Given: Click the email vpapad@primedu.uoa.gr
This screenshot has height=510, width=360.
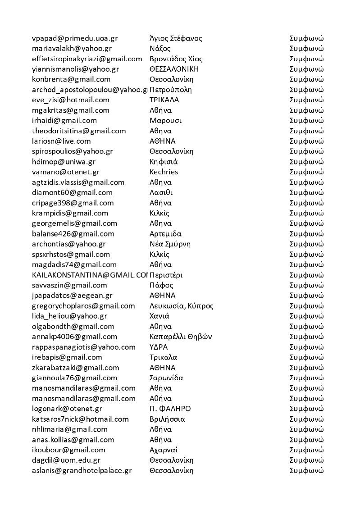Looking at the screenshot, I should point(75,38).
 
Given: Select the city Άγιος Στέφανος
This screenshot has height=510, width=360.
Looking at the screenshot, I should point(176,38).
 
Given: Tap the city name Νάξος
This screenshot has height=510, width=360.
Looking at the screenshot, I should point(160,49).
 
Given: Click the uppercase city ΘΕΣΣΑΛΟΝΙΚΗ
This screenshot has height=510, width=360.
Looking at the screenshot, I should point(174,69).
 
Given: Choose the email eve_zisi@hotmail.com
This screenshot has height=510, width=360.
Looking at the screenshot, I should point(71,100).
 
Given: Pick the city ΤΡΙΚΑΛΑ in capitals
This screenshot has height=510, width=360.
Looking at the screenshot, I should point(164,100).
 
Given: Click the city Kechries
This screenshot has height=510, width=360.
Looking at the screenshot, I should point(164,172).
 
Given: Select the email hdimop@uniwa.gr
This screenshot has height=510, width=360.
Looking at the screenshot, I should point(64,162).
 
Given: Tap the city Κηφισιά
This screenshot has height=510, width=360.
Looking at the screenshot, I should point(163,162).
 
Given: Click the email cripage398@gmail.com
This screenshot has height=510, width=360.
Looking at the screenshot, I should point(73,203).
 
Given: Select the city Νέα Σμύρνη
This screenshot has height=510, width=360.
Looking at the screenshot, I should point(170,244).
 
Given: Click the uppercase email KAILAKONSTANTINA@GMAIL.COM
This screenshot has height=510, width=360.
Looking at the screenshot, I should point(90,275).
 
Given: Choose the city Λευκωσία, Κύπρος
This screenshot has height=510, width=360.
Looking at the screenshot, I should point(181,306).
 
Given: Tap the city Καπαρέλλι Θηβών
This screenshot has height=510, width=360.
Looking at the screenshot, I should point(181,337).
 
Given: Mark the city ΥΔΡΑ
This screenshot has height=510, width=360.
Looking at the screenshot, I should point(159,347).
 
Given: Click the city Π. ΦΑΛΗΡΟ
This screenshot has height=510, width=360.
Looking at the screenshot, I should point(170,409).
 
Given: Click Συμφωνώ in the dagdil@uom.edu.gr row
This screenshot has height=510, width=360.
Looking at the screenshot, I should point(306,460).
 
